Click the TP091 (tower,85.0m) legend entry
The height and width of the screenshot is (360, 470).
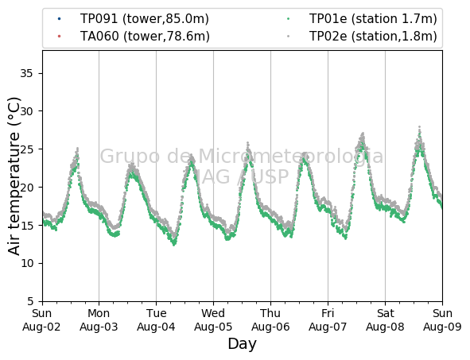click(x=145, y=19)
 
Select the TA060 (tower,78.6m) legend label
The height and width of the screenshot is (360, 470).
click(x=145, y=37)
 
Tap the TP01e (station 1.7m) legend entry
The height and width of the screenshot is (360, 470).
click(x=373, y=19)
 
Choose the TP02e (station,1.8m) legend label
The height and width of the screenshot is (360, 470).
click(x=373, y=37)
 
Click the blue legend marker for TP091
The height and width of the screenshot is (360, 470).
click(x=59, y=19)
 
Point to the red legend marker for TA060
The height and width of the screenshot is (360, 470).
click(x=59, y=37)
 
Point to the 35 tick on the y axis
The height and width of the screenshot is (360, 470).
click(x=26, y=73)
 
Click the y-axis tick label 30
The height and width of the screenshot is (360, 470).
click(x=26, y=111)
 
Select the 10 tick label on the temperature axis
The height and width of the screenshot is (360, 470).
click(x=26, y=263)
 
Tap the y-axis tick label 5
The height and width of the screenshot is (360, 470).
click(x=30, y=301)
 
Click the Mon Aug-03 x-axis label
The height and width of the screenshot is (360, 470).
click(x=99, y=319)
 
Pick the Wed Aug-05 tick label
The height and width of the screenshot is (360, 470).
click(x=213, y=319)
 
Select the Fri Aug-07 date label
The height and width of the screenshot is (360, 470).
click(x=328, y=319)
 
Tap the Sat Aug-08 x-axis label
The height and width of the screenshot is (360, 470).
click(x=385, y=319)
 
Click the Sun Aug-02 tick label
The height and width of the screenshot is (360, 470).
click(x=41, y=319)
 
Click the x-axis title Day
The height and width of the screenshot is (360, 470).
click(x=243, y=344)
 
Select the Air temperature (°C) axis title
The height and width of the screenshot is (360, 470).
click(x=14, y=176)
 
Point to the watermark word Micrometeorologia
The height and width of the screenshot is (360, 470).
click(x=291, y=157)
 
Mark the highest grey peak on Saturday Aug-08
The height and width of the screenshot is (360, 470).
click(x=420, y=127)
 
